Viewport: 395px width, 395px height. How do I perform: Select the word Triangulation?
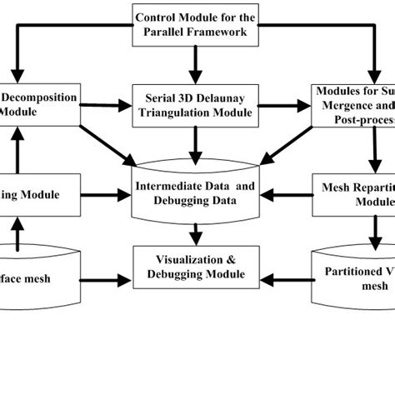180,113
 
